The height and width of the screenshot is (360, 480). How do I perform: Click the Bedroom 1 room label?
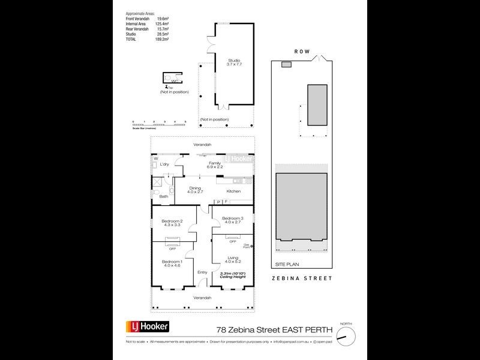click(x=173, y=261)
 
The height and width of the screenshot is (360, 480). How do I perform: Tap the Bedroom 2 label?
click(x=172, y=221)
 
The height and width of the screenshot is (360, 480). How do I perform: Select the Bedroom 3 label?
click(x=232, y=218)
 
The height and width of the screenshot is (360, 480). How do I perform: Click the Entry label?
click(x=202, y=272)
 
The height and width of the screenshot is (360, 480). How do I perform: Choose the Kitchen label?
click(x=234, y=191)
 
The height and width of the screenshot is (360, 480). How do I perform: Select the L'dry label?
click(x=165, y=164)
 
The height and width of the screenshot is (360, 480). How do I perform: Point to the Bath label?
click(x=164, y=196)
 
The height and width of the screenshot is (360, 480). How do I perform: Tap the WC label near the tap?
click(x=174, y=82)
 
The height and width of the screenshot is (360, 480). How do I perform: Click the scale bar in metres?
click(x=159, y=122)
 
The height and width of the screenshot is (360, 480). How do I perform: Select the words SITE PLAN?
click(x=286, y=263)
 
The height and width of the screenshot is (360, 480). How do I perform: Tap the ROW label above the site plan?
click(x=302, y=52)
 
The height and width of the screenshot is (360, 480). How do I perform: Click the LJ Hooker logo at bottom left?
click(x=147, y=326)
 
